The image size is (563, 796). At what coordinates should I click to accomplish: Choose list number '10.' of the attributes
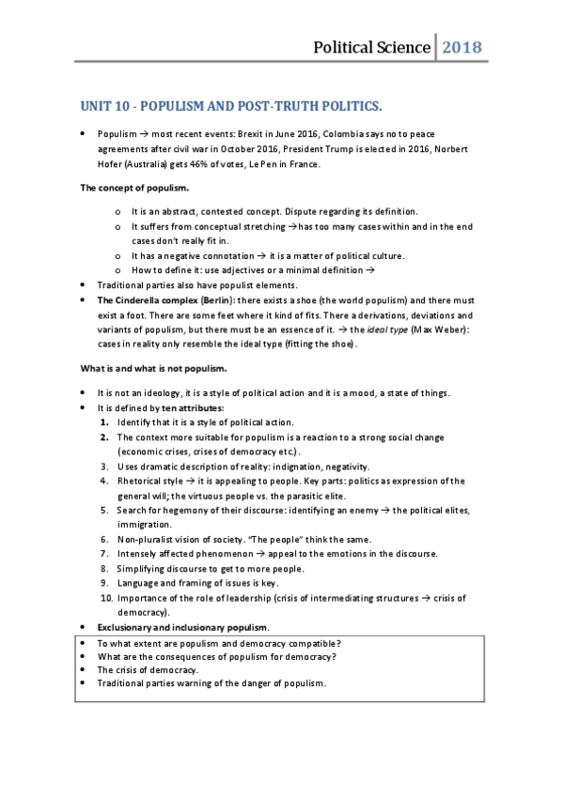point(106,598)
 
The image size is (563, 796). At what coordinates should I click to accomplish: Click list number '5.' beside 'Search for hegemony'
point(106,510)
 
